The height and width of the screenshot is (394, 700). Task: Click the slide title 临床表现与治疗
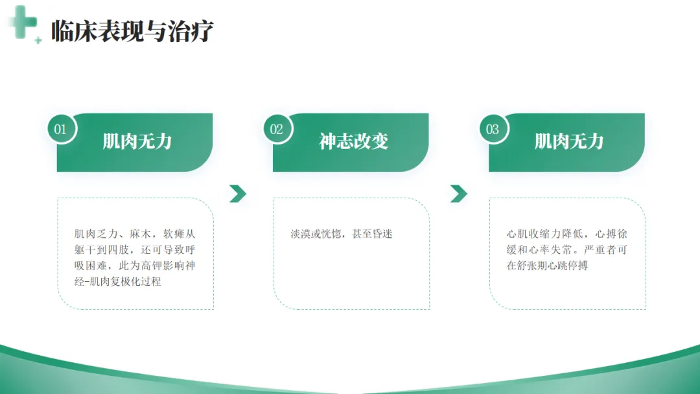point(132,30)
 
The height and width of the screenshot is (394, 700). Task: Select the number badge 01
point(60,129)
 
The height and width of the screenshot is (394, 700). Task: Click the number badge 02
point(277,129)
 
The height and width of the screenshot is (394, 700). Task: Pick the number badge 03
point(493,129)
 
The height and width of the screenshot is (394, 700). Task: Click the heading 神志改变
point(353,141)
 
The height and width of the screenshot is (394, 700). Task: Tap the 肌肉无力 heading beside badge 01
point(137,141)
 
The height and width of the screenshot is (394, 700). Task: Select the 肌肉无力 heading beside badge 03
point(569,141)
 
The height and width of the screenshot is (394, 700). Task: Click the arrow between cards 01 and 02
point(238,193)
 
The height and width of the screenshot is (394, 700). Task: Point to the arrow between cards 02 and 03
point(459,193)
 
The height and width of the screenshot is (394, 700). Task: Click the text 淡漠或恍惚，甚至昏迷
point(342,234)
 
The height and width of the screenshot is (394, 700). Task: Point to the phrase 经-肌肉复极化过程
point(118,281)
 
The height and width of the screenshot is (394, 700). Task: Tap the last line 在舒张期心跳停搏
point(548,266)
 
